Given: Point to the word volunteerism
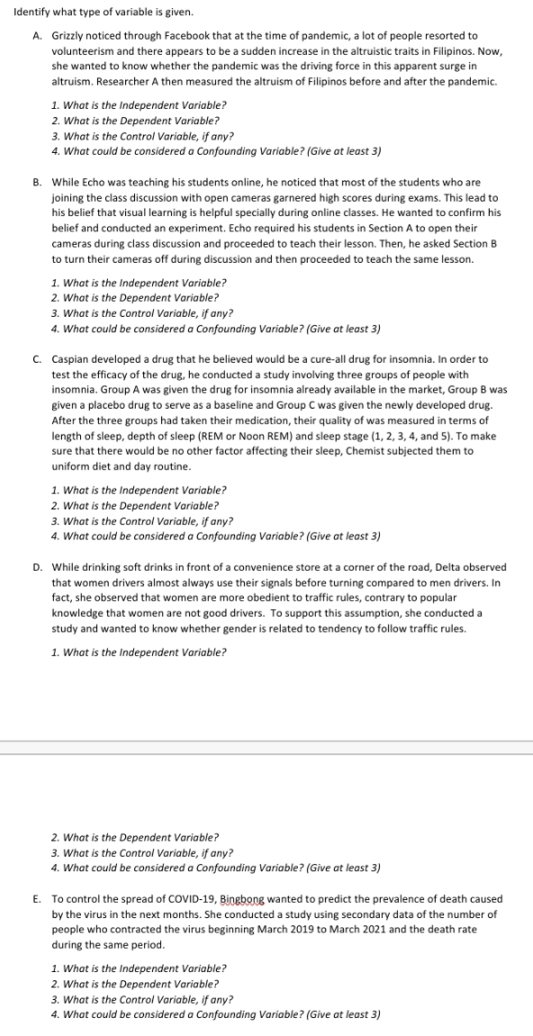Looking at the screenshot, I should (82, 50).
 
